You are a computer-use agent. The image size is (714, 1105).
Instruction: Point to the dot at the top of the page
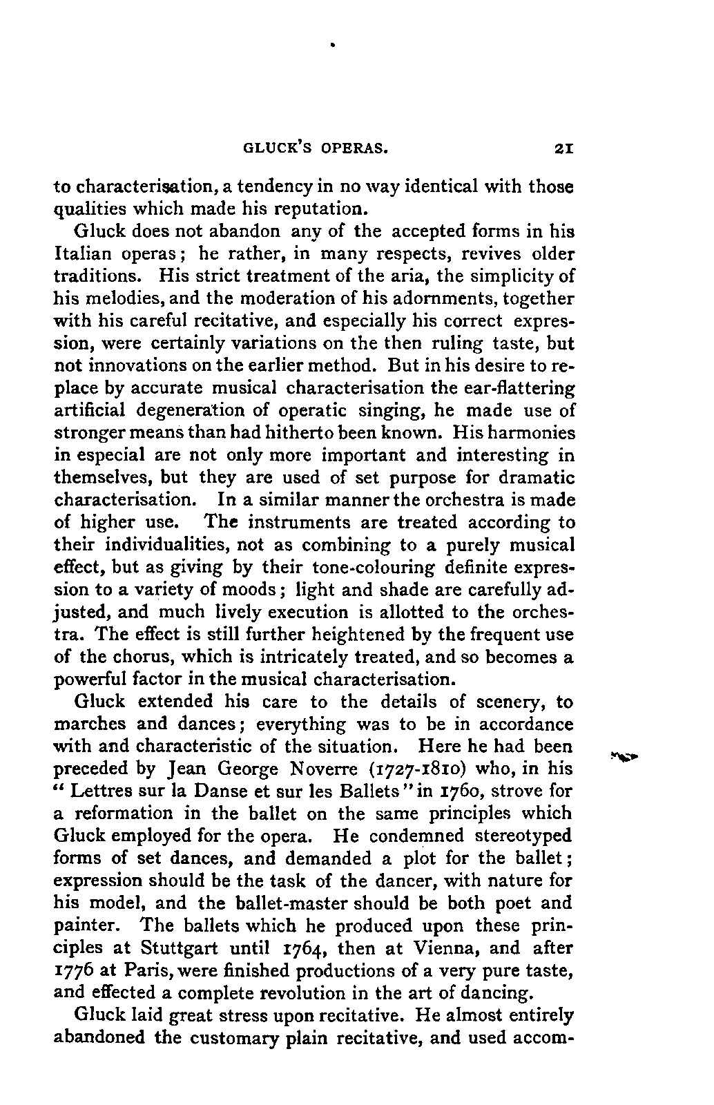click(x=333, y=46)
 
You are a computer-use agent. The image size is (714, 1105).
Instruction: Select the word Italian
click(x=84, y=253)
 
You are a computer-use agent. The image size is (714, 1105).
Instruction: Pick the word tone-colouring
click(x=374, y=568)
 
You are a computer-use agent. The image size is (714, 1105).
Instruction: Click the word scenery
click(x=511, y=702)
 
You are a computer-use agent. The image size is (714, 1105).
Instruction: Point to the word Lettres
click(x=104, y=791)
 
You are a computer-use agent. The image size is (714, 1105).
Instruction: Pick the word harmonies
click(x=532, y=433)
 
